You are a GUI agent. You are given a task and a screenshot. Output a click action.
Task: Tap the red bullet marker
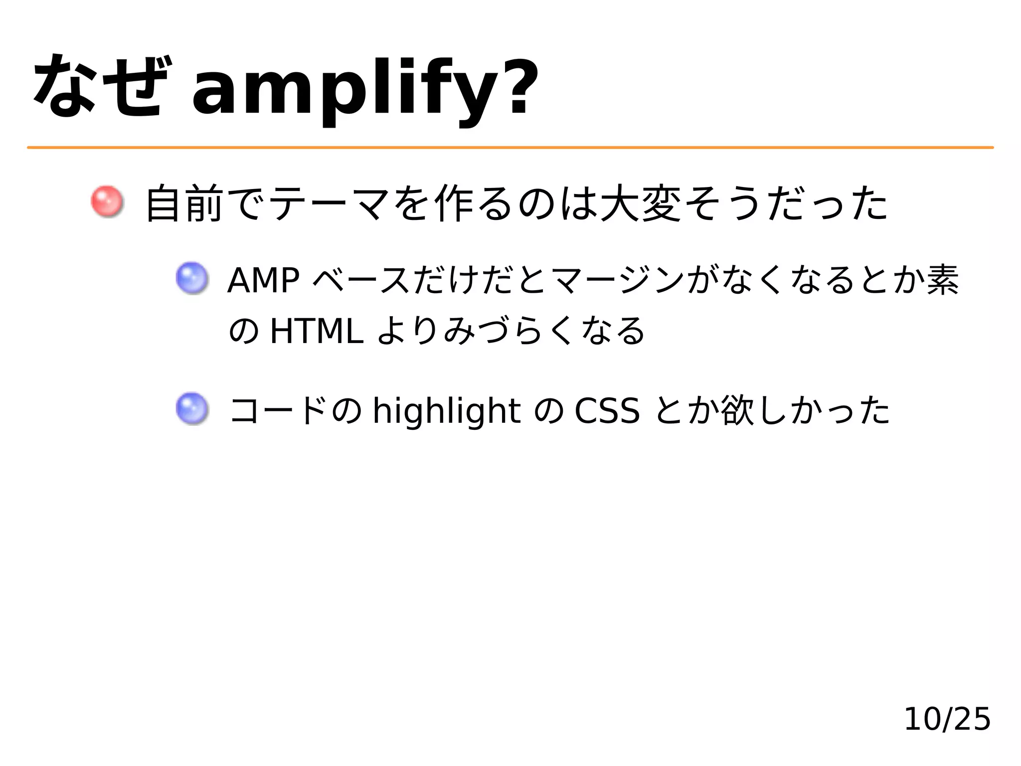point(106,201)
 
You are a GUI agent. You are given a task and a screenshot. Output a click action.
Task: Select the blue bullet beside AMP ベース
point(191,278)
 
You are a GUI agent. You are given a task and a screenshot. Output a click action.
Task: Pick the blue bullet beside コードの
point(191,409)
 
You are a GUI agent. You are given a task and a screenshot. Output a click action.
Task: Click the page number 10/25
point(946,719)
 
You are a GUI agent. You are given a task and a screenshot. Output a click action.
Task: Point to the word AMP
point(263,280)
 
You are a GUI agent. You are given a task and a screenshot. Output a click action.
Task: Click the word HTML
point(316,332)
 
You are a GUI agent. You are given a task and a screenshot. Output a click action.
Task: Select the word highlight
point(447,412)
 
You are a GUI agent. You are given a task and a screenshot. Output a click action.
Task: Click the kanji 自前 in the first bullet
point(183,203)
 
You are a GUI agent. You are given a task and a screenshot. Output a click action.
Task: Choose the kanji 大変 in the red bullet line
point(641,203)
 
